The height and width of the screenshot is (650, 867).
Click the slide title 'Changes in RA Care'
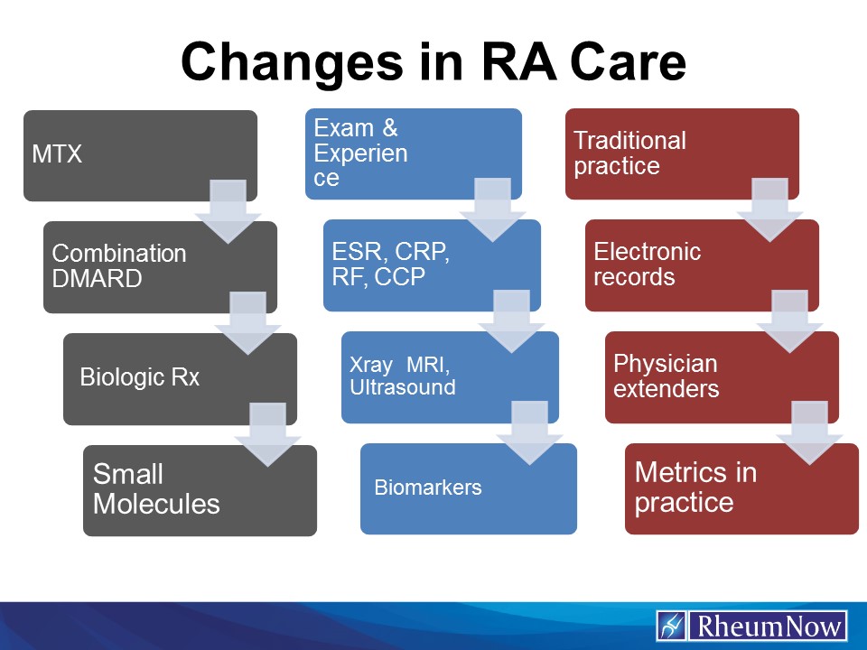tap(433, 61)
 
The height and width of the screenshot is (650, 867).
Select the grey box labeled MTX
tap(108, 154)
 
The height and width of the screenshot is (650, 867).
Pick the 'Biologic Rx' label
tap(139, 377)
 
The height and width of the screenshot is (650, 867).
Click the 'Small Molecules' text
tap(156, 488)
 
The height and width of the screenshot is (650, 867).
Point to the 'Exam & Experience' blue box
tap(379, 153)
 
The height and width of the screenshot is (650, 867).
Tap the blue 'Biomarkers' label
tap(428, 488)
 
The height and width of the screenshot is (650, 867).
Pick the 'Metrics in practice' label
tap(695, 487)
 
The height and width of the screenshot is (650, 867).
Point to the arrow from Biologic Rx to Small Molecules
tap(267, 434)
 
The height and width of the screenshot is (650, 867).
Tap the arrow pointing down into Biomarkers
tap(529, 432)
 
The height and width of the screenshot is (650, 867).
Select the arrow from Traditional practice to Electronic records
tap(769, 209)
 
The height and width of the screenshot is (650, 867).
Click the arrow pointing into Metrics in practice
tap(809, 432)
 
